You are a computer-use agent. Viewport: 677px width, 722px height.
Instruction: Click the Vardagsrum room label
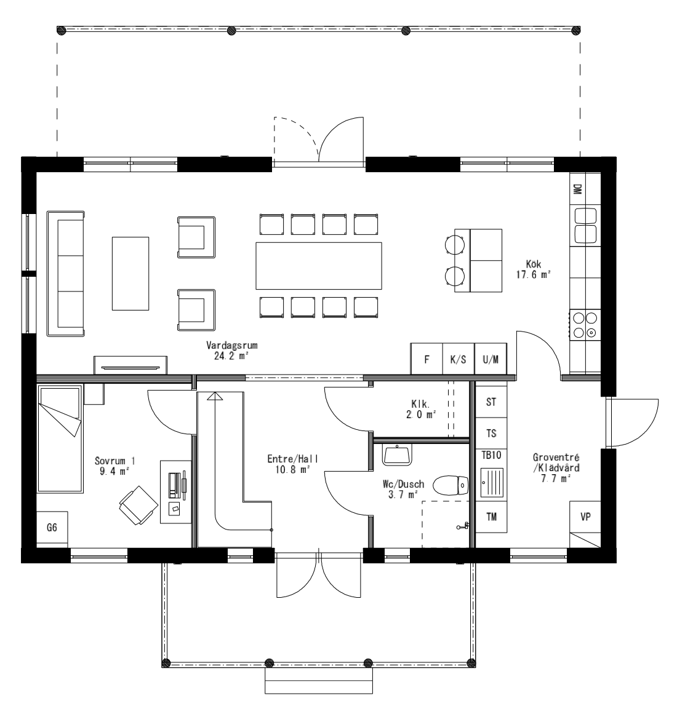tap(227, 351)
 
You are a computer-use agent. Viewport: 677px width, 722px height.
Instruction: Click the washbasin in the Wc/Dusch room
tap(398, 454)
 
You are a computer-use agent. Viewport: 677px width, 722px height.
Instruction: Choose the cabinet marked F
tap(427, 360)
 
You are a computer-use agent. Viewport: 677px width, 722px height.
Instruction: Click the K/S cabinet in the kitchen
tap(459, 360)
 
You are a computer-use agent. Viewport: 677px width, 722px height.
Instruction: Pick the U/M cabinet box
tap(491, 360)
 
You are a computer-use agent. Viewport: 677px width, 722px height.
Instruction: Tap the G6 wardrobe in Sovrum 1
tap(52, 528)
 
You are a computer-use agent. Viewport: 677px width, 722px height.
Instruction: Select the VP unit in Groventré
tap(585, 517)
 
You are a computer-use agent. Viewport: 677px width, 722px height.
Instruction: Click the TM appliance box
tap(491, 517)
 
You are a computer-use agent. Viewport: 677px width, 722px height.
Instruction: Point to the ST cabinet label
tap(491, 402)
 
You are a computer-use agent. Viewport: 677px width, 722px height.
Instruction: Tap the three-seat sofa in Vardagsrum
tap(66, 273)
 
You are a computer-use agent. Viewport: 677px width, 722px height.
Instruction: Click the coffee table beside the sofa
tap(130, 273)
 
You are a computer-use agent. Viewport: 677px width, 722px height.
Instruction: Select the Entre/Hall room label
tap(288, 463)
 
